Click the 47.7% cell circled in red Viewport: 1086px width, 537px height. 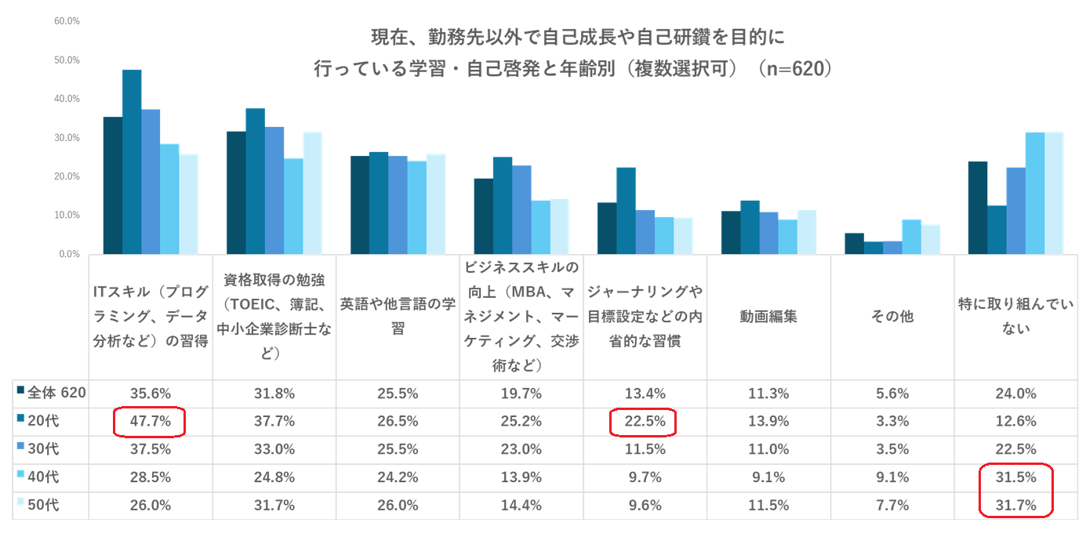pyautogui.click(x=149, y=422)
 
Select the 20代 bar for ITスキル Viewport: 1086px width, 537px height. pyautogui.click(x=132, y=161)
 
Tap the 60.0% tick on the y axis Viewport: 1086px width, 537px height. pyautogui.click(x=67, y=21)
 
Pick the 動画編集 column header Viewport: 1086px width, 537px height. pyautogui.click(x=768, y=317)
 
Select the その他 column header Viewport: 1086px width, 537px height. pyautogui.click(x=892, y=317)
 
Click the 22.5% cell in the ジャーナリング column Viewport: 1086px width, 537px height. pyautogui.click(x=645, y=422)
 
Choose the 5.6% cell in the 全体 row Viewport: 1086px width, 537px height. pyautogui.click(x=892, y=394)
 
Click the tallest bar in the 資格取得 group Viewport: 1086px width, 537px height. pyautogui.click(x=255, y=181)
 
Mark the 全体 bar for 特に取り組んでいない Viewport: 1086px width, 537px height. pyautogui.click(x=977, y=208)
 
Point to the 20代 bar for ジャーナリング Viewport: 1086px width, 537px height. pyautogui.click(x=626, y=211)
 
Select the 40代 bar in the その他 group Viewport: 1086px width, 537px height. pyautogui.click(x=911, y=237)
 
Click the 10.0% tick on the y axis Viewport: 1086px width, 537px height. pyautogui.click(x=67, y=216)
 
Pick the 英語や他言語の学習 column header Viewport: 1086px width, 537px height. pyautogui.click(x=398, y=317)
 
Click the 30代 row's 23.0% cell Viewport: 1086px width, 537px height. pyautogui.click(x=521, y=450)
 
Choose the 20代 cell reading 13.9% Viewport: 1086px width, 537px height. pyautogui.click(x=768, y=422)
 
